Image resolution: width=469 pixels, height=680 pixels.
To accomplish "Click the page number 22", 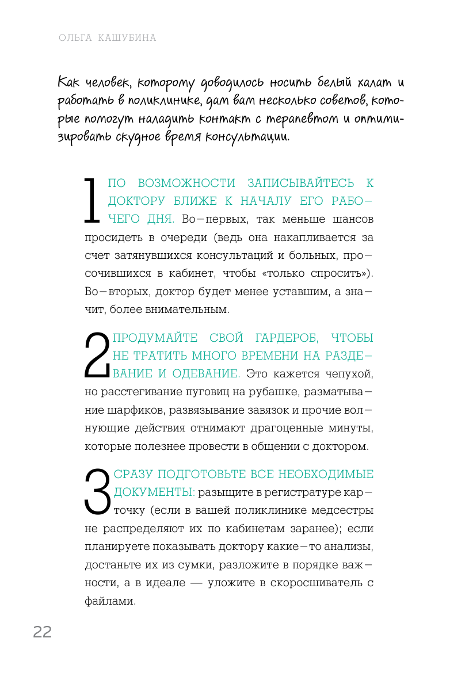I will [42, 632].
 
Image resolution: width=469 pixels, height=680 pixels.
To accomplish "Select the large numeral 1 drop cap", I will [91, 200].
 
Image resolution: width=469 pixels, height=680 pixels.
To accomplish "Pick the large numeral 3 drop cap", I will [97, 492].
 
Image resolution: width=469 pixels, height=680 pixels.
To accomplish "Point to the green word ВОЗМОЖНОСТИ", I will [192, 184].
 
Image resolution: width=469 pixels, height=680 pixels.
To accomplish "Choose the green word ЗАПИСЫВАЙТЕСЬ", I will [301, 184].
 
